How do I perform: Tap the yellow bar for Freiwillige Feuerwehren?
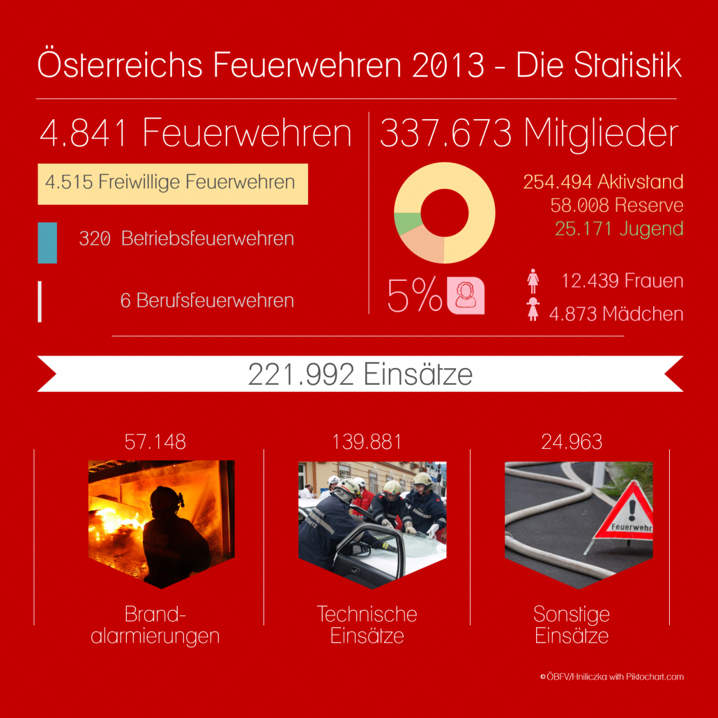(172, 184)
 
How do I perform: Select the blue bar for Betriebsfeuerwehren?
(47, 243)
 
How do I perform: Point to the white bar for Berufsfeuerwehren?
(40, 301)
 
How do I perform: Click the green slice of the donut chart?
(407, 223)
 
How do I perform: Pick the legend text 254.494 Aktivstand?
(603, 183)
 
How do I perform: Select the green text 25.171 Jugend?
(619, 228)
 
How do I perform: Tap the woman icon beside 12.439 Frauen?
(533, 281)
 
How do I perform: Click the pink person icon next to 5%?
(465, 296)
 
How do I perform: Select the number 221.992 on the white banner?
(302, 375)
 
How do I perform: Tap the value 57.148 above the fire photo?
(155, 441)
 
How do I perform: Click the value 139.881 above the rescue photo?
(367, 441)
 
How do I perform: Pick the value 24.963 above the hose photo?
(572, 441)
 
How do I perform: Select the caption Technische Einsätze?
(367, 624)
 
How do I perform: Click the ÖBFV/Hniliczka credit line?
(611, 676)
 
